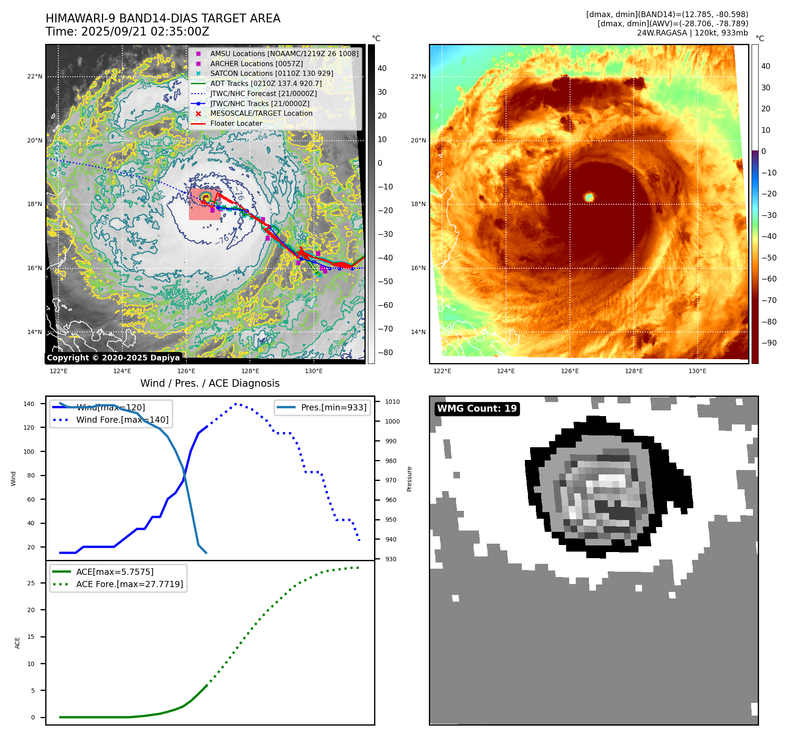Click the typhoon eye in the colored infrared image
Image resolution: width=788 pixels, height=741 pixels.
coord(589,197)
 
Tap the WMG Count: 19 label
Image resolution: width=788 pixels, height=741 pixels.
coord(477,409)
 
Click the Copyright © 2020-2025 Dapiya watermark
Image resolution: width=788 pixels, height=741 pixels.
coord(113,358)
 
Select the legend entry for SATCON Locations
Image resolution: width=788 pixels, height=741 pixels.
coord(271,74)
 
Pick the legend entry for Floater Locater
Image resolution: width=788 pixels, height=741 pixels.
coord(236,124)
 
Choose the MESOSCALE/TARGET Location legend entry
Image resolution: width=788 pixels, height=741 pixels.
coord(261,114)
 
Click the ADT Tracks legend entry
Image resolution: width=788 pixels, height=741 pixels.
coord(266,84)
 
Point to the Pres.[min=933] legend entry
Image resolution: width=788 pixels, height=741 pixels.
coord(333,408)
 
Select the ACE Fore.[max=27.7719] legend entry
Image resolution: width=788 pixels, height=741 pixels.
coord(129,584)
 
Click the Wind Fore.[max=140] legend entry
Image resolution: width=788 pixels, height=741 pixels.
coord(122,420)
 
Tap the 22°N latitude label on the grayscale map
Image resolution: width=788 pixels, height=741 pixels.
coord(35,77)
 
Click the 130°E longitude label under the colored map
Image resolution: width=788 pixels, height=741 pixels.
coord(697,371)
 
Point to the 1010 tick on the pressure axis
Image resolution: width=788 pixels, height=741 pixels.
coord(392,402)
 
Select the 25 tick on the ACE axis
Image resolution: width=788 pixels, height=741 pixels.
coord(31,583)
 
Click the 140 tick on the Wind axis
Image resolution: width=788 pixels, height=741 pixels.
coord(29,404)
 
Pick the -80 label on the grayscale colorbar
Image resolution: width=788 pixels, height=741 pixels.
coord(385,353)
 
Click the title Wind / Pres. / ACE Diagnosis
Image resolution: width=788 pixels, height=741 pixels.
coord(210,383)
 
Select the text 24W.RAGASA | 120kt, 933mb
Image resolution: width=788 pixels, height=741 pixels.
coord(692,33)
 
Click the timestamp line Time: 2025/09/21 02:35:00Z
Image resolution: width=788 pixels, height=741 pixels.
coord(127,32)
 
